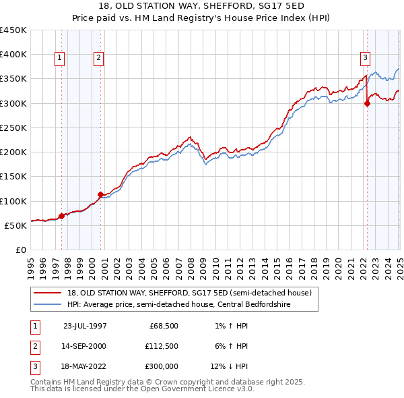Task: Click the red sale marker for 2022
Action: coord(367,103)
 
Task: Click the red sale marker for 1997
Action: coord(61,216)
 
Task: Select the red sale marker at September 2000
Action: coord(100,194)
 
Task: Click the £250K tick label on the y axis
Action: coord(13,127)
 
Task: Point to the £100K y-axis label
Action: coord(13,201)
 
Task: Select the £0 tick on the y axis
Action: coord(21,250)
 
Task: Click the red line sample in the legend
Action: coord(48,293)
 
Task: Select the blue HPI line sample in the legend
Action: coord(48,305)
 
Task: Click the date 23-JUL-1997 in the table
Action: coord(85,326)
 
